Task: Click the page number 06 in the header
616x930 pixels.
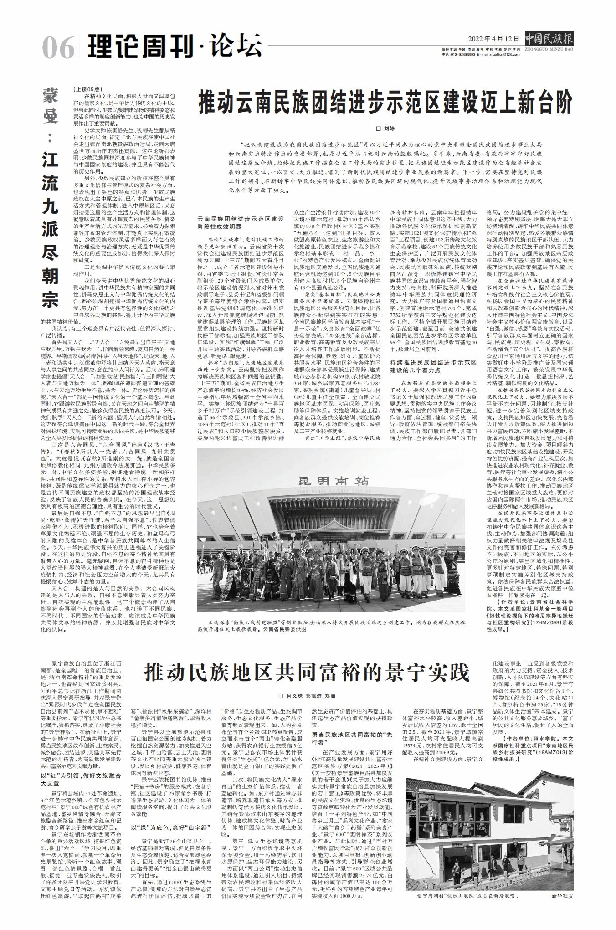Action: point(59,47)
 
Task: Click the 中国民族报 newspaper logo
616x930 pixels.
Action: point(549,38)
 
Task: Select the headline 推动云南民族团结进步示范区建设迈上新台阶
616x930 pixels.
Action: point(385,103)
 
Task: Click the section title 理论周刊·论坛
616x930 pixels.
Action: point(175,46)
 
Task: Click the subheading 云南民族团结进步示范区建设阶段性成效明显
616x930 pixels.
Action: point(241,223)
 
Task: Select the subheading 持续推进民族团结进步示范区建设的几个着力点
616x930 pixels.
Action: point(433,366)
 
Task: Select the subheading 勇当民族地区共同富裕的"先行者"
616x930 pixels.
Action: point(352,738)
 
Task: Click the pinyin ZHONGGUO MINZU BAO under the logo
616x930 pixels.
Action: point(549,49)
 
